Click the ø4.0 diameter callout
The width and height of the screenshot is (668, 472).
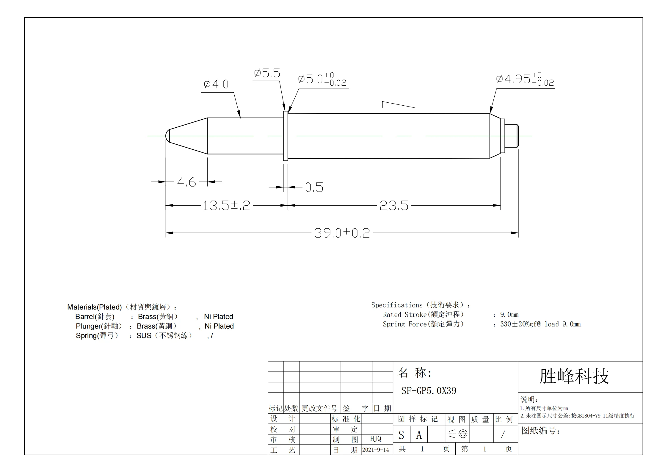216,84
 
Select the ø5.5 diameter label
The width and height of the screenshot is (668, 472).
267,73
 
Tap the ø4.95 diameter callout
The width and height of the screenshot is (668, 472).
525,79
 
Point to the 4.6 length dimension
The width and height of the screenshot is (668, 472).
187,182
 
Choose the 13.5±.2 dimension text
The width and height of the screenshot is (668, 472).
226,206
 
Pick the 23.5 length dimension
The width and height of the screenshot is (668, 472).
394,206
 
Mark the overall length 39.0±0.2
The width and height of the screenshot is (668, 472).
342,233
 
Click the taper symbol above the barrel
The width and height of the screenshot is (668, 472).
399,105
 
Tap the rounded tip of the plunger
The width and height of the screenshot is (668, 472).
167,136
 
